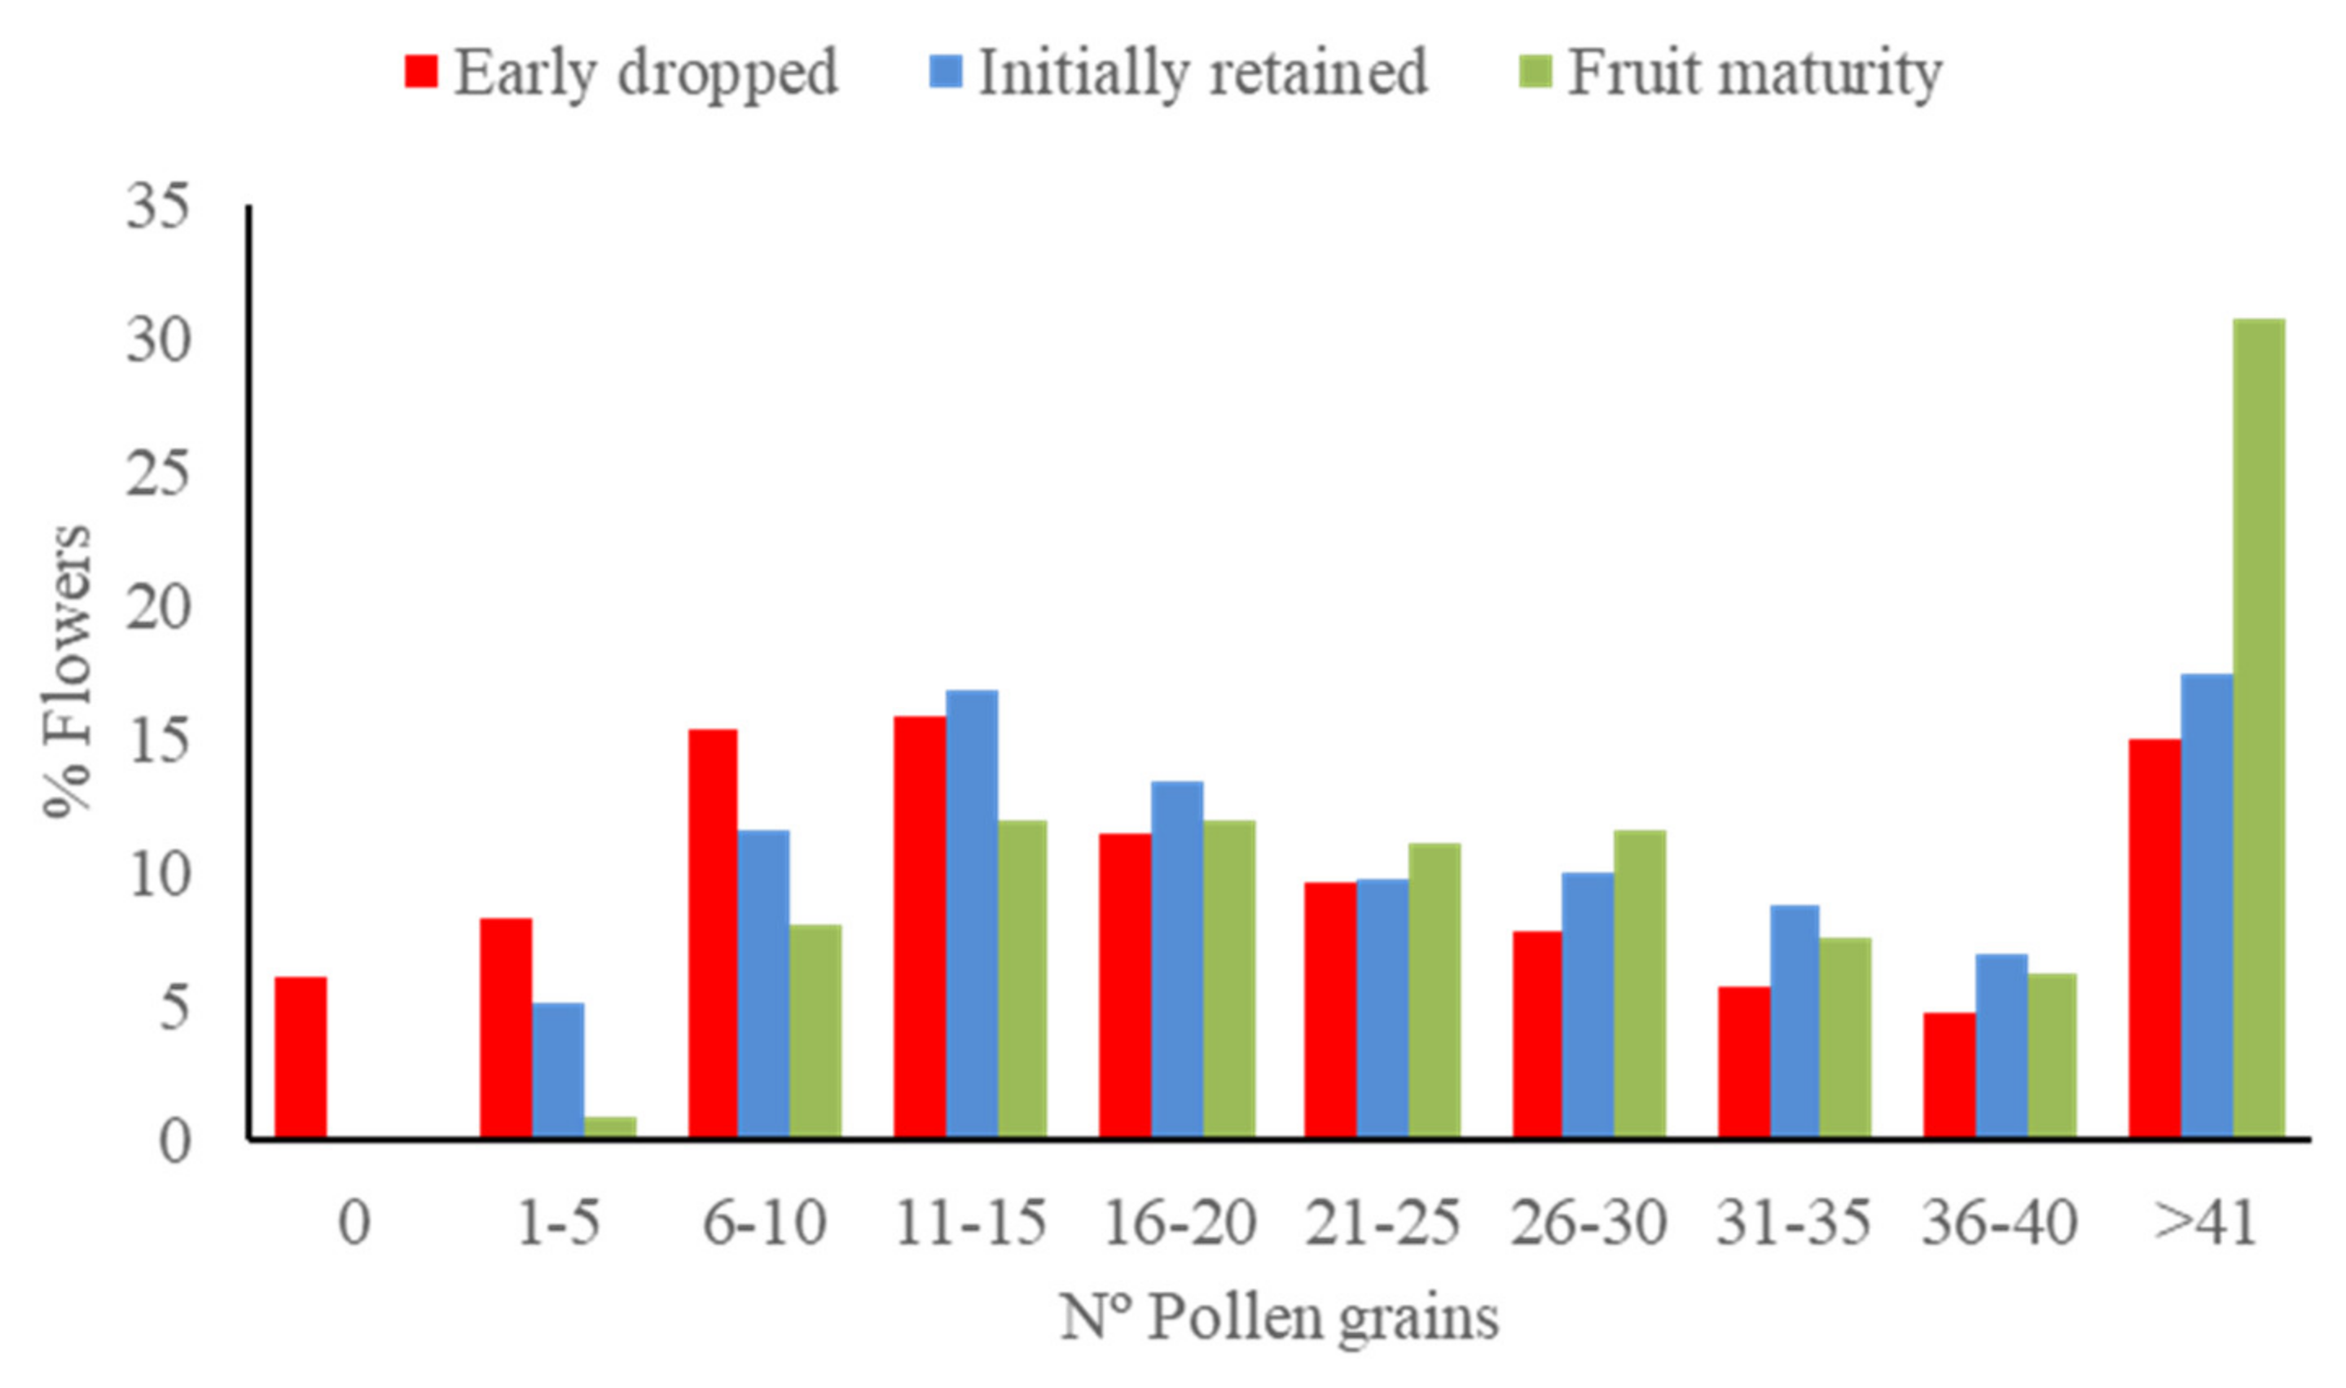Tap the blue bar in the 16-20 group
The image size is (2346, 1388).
(x=1176, y=960)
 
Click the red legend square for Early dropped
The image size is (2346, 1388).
(x=421, y=72)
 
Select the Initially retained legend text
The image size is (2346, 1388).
(x=1202, y=72)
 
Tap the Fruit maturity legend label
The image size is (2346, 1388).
(x=1754, y=72)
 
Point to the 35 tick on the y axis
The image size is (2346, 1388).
(x=157, y=207)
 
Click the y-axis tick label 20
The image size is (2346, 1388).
(x=157, y=608)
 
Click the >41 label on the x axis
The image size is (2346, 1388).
(x=2205, y=1222)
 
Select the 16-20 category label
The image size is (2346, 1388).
(x=1178, y=1222)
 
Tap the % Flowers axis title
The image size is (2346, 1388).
(x=68, y=670)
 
